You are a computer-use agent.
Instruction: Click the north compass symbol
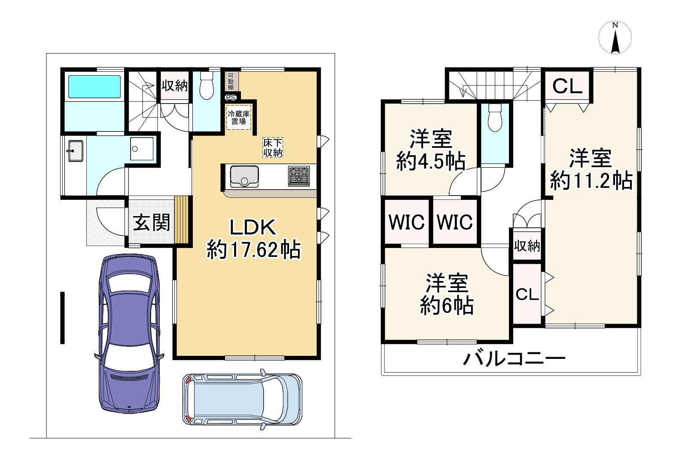point(615,38)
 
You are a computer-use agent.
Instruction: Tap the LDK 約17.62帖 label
point(253,239)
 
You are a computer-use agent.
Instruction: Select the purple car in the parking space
point(129,333)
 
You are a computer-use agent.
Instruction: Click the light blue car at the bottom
point(242,399)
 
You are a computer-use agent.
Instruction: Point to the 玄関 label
point(152,222)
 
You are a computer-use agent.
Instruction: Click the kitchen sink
point(244,176)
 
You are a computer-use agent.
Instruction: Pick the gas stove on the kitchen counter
point(299,175)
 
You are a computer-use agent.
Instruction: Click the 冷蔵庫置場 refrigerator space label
point(239,117)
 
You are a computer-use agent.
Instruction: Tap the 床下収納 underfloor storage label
point(273,147)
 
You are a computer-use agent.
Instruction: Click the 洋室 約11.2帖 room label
point(591,169)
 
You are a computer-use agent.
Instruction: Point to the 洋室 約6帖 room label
point(447,294)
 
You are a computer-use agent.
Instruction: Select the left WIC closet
point(406,222)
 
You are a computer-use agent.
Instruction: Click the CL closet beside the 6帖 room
point(527,294)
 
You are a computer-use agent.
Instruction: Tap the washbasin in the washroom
point(75,151)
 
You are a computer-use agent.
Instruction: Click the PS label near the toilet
point(230,97)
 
